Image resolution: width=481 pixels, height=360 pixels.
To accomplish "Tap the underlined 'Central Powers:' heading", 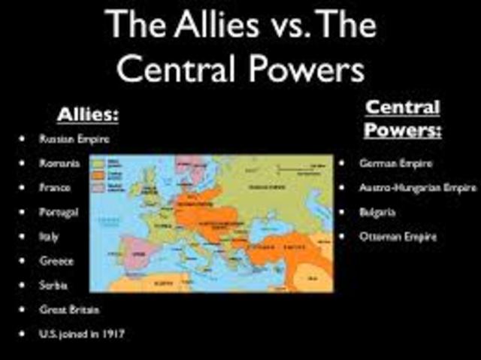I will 402,118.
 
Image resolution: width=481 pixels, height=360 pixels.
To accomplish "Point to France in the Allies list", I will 55,187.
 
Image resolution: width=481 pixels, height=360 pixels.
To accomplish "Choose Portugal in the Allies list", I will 59,212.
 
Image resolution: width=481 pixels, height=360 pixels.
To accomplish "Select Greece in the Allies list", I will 56,261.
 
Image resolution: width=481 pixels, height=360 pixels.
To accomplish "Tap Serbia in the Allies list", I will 54,285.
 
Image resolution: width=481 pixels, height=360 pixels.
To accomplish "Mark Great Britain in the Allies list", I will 69,309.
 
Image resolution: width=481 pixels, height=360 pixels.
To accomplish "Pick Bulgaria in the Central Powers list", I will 377,212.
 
